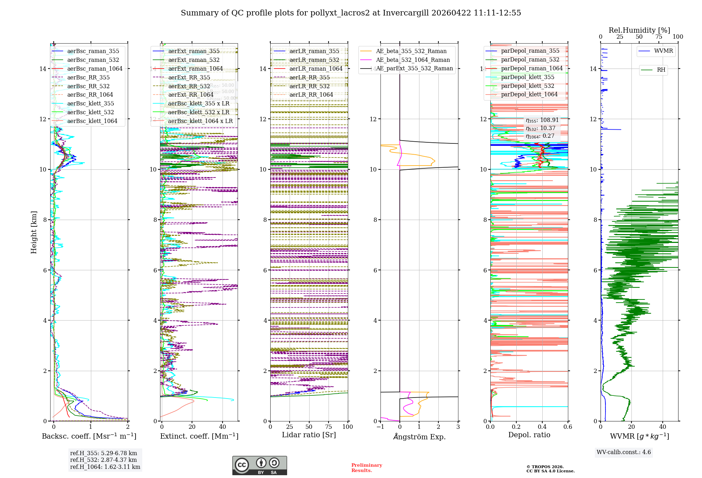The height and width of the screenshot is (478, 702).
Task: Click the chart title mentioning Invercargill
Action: click(x=351, y=13)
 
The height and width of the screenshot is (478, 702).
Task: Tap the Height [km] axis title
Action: click(x=34, y=232)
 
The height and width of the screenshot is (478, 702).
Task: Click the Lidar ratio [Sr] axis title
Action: click(x=309, y=435)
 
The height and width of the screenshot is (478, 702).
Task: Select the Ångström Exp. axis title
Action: click(x=419, y=437)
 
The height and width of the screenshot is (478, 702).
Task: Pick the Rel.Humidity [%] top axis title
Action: click(x=639, y=30)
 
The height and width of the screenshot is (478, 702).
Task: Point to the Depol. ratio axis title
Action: click(x=529, y=435)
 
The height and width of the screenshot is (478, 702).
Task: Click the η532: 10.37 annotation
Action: click(x=541, y=128)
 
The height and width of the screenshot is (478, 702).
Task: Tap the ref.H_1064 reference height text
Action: click(x=105, y=467)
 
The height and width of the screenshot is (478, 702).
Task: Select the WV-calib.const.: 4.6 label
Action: click(x=624, y=452)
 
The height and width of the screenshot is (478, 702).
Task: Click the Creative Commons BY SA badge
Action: click(x=259, y=465)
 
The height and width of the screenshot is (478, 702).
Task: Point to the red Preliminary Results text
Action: click(x=366, y=467)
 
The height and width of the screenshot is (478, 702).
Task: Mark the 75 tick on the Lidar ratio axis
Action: click(x=329, y=427)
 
